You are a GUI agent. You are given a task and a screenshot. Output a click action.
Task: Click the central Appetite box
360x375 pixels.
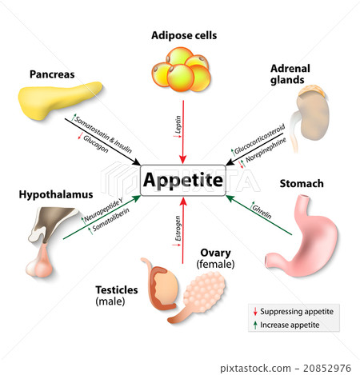182,180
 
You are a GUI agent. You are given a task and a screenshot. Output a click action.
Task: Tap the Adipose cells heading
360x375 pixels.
184,35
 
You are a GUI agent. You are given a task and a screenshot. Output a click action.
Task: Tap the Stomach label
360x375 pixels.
301,184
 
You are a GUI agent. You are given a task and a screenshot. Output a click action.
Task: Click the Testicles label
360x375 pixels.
117,289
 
